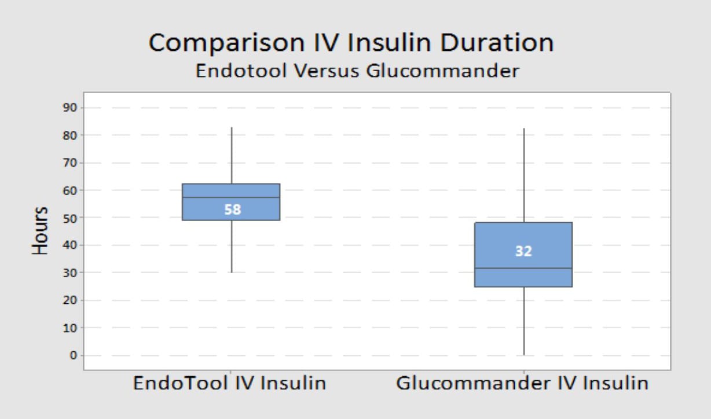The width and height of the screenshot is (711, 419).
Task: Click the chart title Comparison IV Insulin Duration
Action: coord(351,43)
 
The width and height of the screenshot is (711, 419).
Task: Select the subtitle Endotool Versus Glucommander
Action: coord(357,71)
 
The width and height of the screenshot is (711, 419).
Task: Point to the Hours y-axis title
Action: coord(40,230)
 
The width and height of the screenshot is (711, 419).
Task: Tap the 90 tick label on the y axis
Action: coord(70,108)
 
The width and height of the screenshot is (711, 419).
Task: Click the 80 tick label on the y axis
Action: coord(70,135)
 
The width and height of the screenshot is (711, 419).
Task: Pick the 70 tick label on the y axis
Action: coord(70,163)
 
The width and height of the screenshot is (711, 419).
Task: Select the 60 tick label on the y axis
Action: coord(70,190)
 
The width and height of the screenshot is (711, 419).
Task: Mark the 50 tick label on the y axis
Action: coord(70,218)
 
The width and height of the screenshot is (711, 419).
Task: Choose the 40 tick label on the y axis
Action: coord(70,245)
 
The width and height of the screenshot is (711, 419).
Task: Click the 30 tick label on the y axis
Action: coord(70,273)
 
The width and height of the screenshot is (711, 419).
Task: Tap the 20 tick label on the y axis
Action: coord(70,300)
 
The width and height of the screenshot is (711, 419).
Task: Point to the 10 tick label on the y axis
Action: coord(70,328)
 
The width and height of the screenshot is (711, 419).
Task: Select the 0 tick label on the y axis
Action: coord(74,355)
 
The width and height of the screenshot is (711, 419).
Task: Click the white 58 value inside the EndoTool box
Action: coord(233,209)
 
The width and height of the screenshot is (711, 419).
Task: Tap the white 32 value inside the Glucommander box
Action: coord(523,251)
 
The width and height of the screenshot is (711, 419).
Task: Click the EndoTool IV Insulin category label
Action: coord(229,383)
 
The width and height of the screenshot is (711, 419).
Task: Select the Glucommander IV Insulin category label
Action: coord(522,383)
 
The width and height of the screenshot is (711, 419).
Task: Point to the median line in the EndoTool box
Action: coord(231,197)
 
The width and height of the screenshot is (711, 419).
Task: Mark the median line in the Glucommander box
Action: coord(523,269)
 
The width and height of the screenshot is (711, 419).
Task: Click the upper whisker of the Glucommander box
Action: coord(524,175)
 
